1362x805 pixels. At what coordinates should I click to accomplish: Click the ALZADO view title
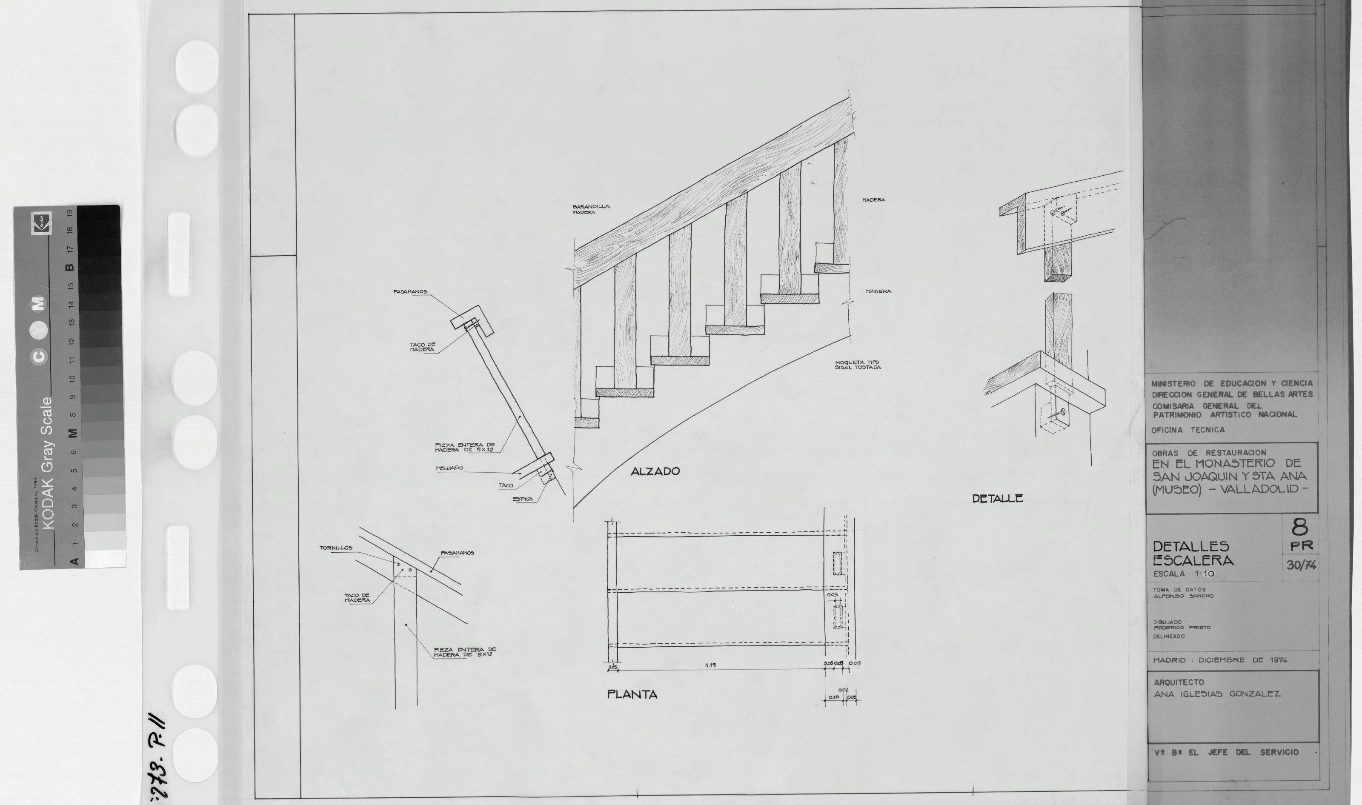pyautogui.click(x=655, y=471)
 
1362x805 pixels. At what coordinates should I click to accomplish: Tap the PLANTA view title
pyautogui.click(x=632, y=694)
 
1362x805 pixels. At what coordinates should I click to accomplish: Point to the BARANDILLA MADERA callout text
pyautogui.click(x=591, y=209)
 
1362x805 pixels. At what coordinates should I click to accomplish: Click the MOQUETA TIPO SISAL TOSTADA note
pyautogui.click(x=857, y=365)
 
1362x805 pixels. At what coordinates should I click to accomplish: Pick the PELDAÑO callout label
pyautogui.click(x=449, y=468)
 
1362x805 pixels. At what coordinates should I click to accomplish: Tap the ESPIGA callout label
pyautogui.click(x=523, y=499)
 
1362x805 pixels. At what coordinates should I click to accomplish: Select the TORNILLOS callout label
pyautogui.click(x=336, y=548)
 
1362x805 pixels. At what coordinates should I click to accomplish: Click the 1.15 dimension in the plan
pyautogui.click(x=710, y=665)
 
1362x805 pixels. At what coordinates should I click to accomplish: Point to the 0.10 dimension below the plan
pyautogui.click(x=833, y=697)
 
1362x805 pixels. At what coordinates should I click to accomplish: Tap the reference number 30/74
pyautogui.click(x=1301, y=565)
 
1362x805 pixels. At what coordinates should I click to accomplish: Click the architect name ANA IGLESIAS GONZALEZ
pyautogui.click(x=1216, y=694)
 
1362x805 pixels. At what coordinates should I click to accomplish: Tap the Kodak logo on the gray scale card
pyautogui.click(x=42, y=223)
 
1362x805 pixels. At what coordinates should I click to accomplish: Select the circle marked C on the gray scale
pyautogui.click(x=40, y=356)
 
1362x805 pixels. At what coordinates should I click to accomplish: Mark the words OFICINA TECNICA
pyautogui.click(x=1188, y=430)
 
